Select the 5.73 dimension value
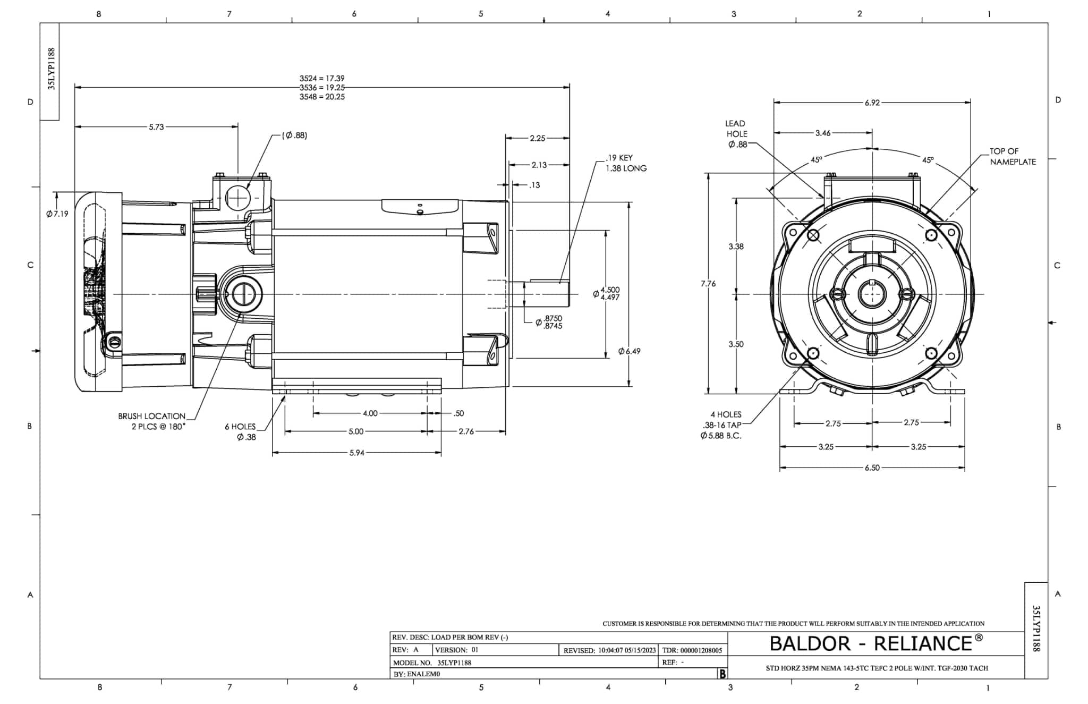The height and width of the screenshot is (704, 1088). point(156,127)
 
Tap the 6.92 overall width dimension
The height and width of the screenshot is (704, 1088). point(872,103)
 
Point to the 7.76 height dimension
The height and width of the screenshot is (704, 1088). point(708,284)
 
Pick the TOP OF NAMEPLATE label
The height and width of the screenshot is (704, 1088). point(1012,157)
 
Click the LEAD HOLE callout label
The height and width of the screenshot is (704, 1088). point(736,133)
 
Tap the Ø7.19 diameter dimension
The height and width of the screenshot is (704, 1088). point(57,214)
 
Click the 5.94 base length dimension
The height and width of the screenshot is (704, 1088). point(356,453)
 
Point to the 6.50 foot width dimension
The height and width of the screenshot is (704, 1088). point(872,468)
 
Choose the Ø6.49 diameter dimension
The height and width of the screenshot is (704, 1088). point(629,351)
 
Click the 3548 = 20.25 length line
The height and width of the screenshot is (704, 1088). point(322,97)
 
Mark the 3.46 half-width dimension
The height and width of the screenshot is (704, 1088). point(822,133)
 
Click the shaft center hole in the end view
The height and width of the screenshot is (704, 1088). point(872,294)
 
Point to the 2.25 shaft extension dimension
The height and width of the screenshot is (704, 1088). point(537,138)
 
